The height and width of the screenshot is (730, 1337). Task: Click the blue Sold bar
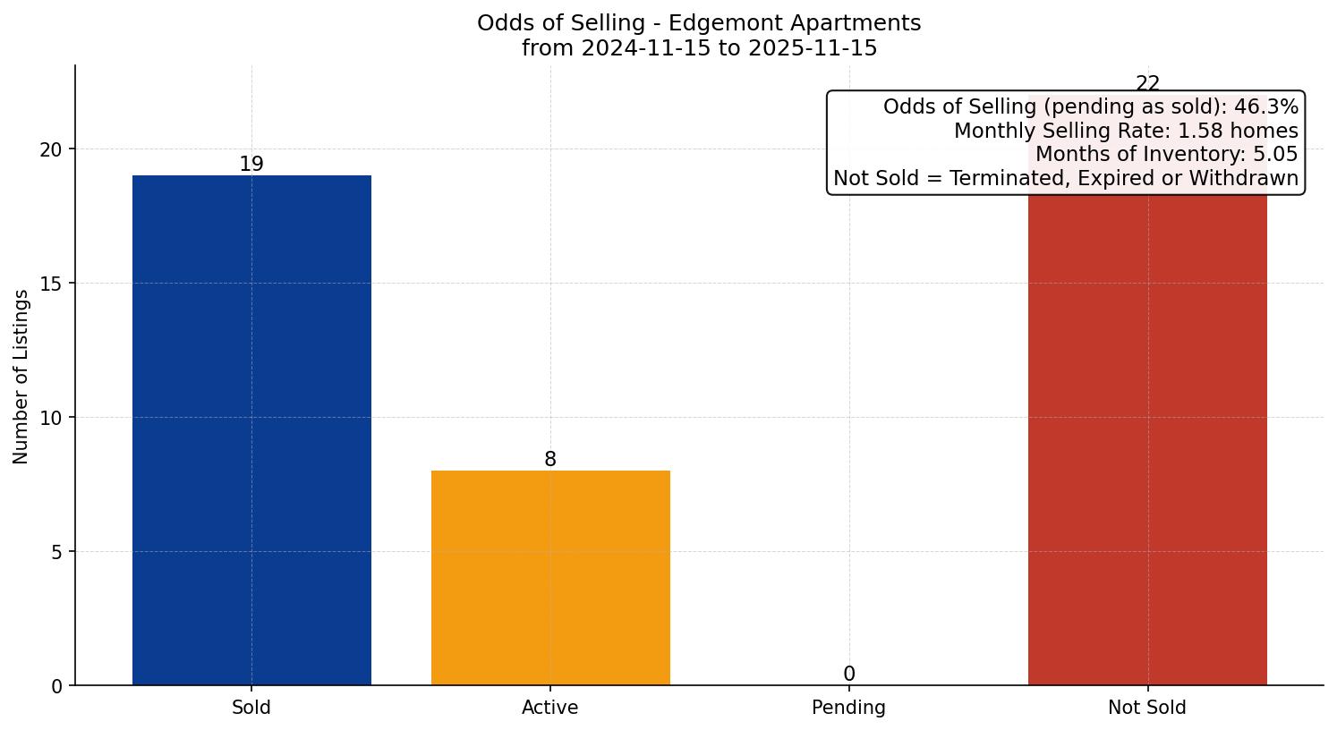[251, 429]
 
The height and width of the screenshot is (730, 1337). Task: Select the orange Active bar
[550, 577]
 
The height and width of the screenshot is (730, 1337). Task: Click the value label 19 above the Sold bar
[251, 165]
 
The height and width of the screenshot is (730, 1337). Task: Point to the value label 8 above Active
[550, 460]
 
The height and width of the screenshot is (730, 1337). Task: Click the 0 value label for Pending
[848, 675]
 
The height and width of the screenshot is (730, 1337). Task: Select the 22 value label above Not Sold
[1147, 84]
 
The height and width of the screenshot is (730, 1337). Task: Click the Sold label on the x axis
[251, 708]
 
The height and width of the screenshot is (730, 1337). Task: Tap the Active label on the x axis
[550, 708]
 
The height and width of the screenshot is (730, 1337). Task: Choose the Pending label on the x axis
[848, 708]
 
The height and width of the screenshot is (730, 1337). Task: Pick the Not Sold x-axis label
[1147, 708]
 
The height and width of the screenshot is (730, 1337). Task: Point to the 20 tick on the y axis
[51, 149]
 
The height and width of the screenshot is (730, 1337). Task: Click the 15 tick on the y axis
[51, 284]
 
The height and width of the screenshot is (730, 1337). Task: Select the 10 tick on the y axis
[51, 418]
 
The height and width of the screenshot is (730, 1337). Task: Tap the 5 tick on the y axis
[56, 552]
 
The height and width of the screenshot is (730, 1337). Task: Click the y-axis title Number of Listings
[21, 377]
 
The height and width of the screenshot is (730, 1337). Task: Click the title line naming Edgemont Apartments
[699, 23]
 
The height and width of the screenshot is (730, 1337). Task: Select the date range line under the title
[699, 48]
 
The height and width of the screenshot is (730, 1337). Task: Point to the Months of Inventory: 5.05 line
[1166, 154]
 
